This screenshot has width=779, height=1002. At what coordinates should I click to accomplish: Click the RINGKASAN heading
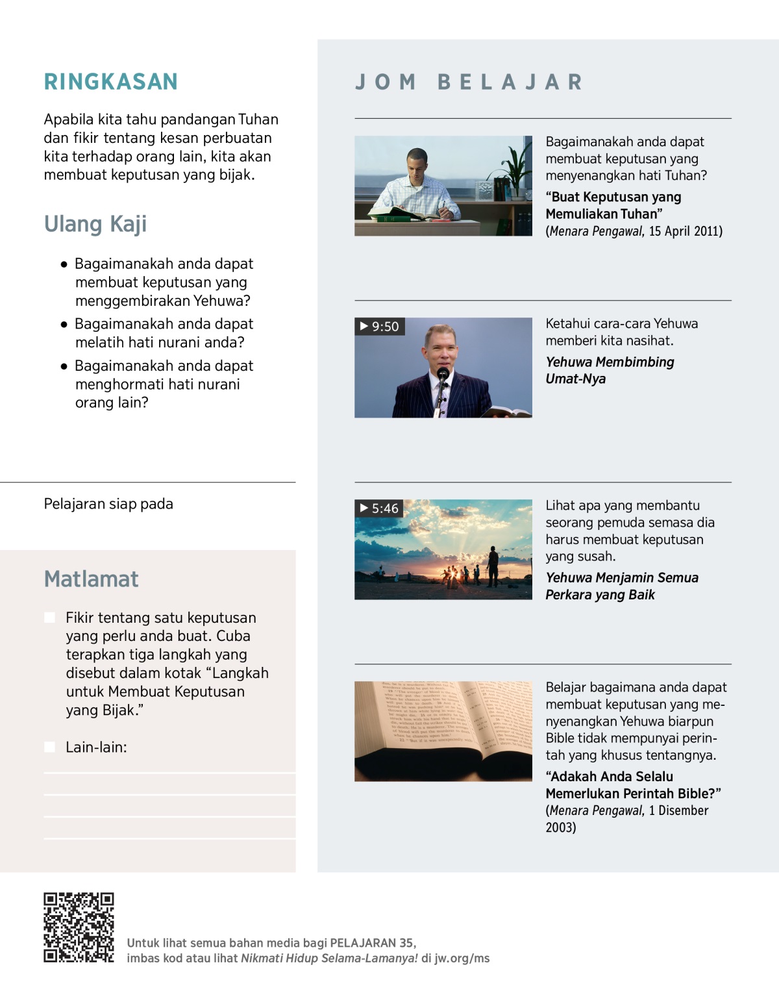click(x=111, y=82)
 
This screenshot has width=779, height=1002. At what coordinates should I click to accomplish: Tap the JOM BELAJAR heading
click(x=469, y=82)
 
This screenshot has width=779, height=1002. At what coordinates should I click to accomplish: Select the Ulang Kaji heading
click(x=95, y=224)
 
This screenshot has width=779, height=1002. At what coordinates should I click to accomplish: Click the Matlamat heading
click(x=92, y=579)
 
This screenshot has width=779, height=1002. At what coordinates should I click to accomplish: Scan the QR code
click(x=79, y=927)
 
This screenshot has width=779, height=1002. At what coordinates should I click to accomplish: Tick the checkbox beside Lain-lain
click(x=49, y=747)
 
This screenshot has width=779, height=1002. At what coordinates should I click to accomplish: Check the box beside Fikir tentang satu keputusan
click(x=49, y=618)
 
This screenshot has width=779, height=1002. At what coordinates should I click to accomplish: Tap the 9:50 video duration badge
click(x=380, y=326)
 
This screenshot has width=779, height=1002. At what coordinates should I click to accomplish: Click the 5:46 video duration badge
click(x=380, y=508)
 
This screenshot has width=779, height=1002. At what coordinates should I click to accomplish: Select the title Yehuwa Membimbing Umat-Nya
click(x=609, y=370)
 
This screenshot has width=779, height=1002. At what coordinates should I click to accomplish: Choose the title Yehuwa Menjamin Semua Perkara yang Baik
click(x=621, y=586)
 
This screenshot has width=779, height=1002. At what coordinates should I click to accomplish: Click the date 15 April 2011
click(x=685, y=231)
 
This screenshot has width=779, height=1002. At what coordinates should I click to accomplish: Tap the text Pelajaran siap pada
click(x=108, y=504)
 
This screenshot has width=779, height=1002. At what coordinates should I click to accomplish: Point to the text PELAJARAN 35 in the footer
click(x=371, y=943)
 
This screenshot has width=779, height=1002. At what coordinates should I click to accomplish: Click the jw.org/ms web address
click(x=462, y=958)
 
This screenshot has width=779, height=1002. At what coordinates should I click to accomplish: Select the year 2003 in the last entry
click(x=561, y=827)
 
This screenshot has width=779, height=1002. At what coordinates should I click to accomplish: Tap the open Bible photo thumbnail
click(x=443, y=731)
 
